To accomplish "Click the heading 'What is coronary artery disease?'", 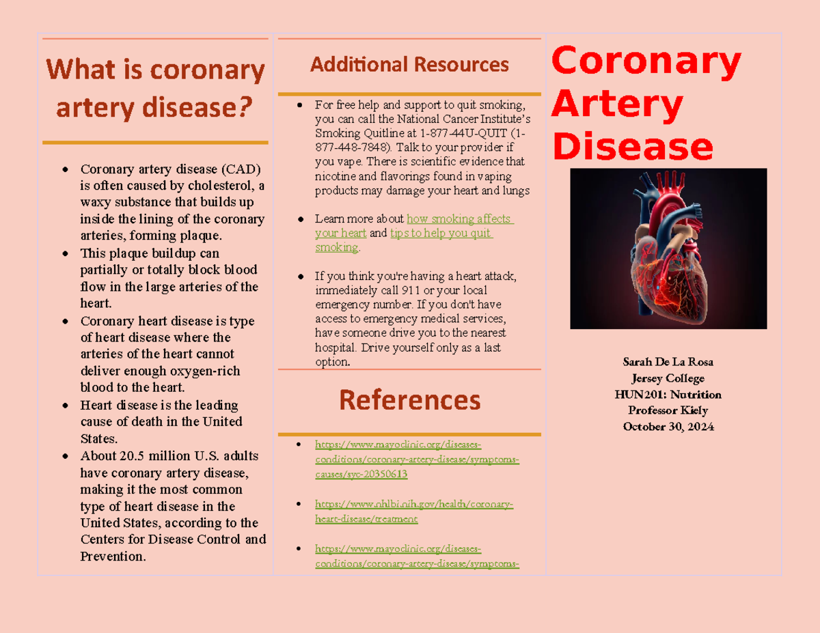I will pos(155,89).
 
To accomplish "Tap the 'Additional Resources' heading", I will pos(409,65).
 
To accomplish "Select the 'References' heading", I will pos(409,400).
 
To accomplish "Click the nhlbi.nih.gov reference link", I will pos(413,511).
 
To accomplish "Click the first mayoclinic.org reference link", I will pos(416,460).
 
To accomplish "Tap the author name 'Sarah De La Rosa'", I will pos(668,362).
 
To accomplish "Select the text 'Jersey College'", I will pos(668,378).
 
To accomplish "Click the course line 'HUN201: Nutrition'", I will pos(668,395).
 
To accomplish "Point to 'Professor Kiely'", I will pos(668,410).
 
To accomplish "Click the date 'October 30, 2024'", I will pos(668,427).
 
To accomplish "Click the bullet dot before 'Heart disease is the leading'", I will pos(65,406).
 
